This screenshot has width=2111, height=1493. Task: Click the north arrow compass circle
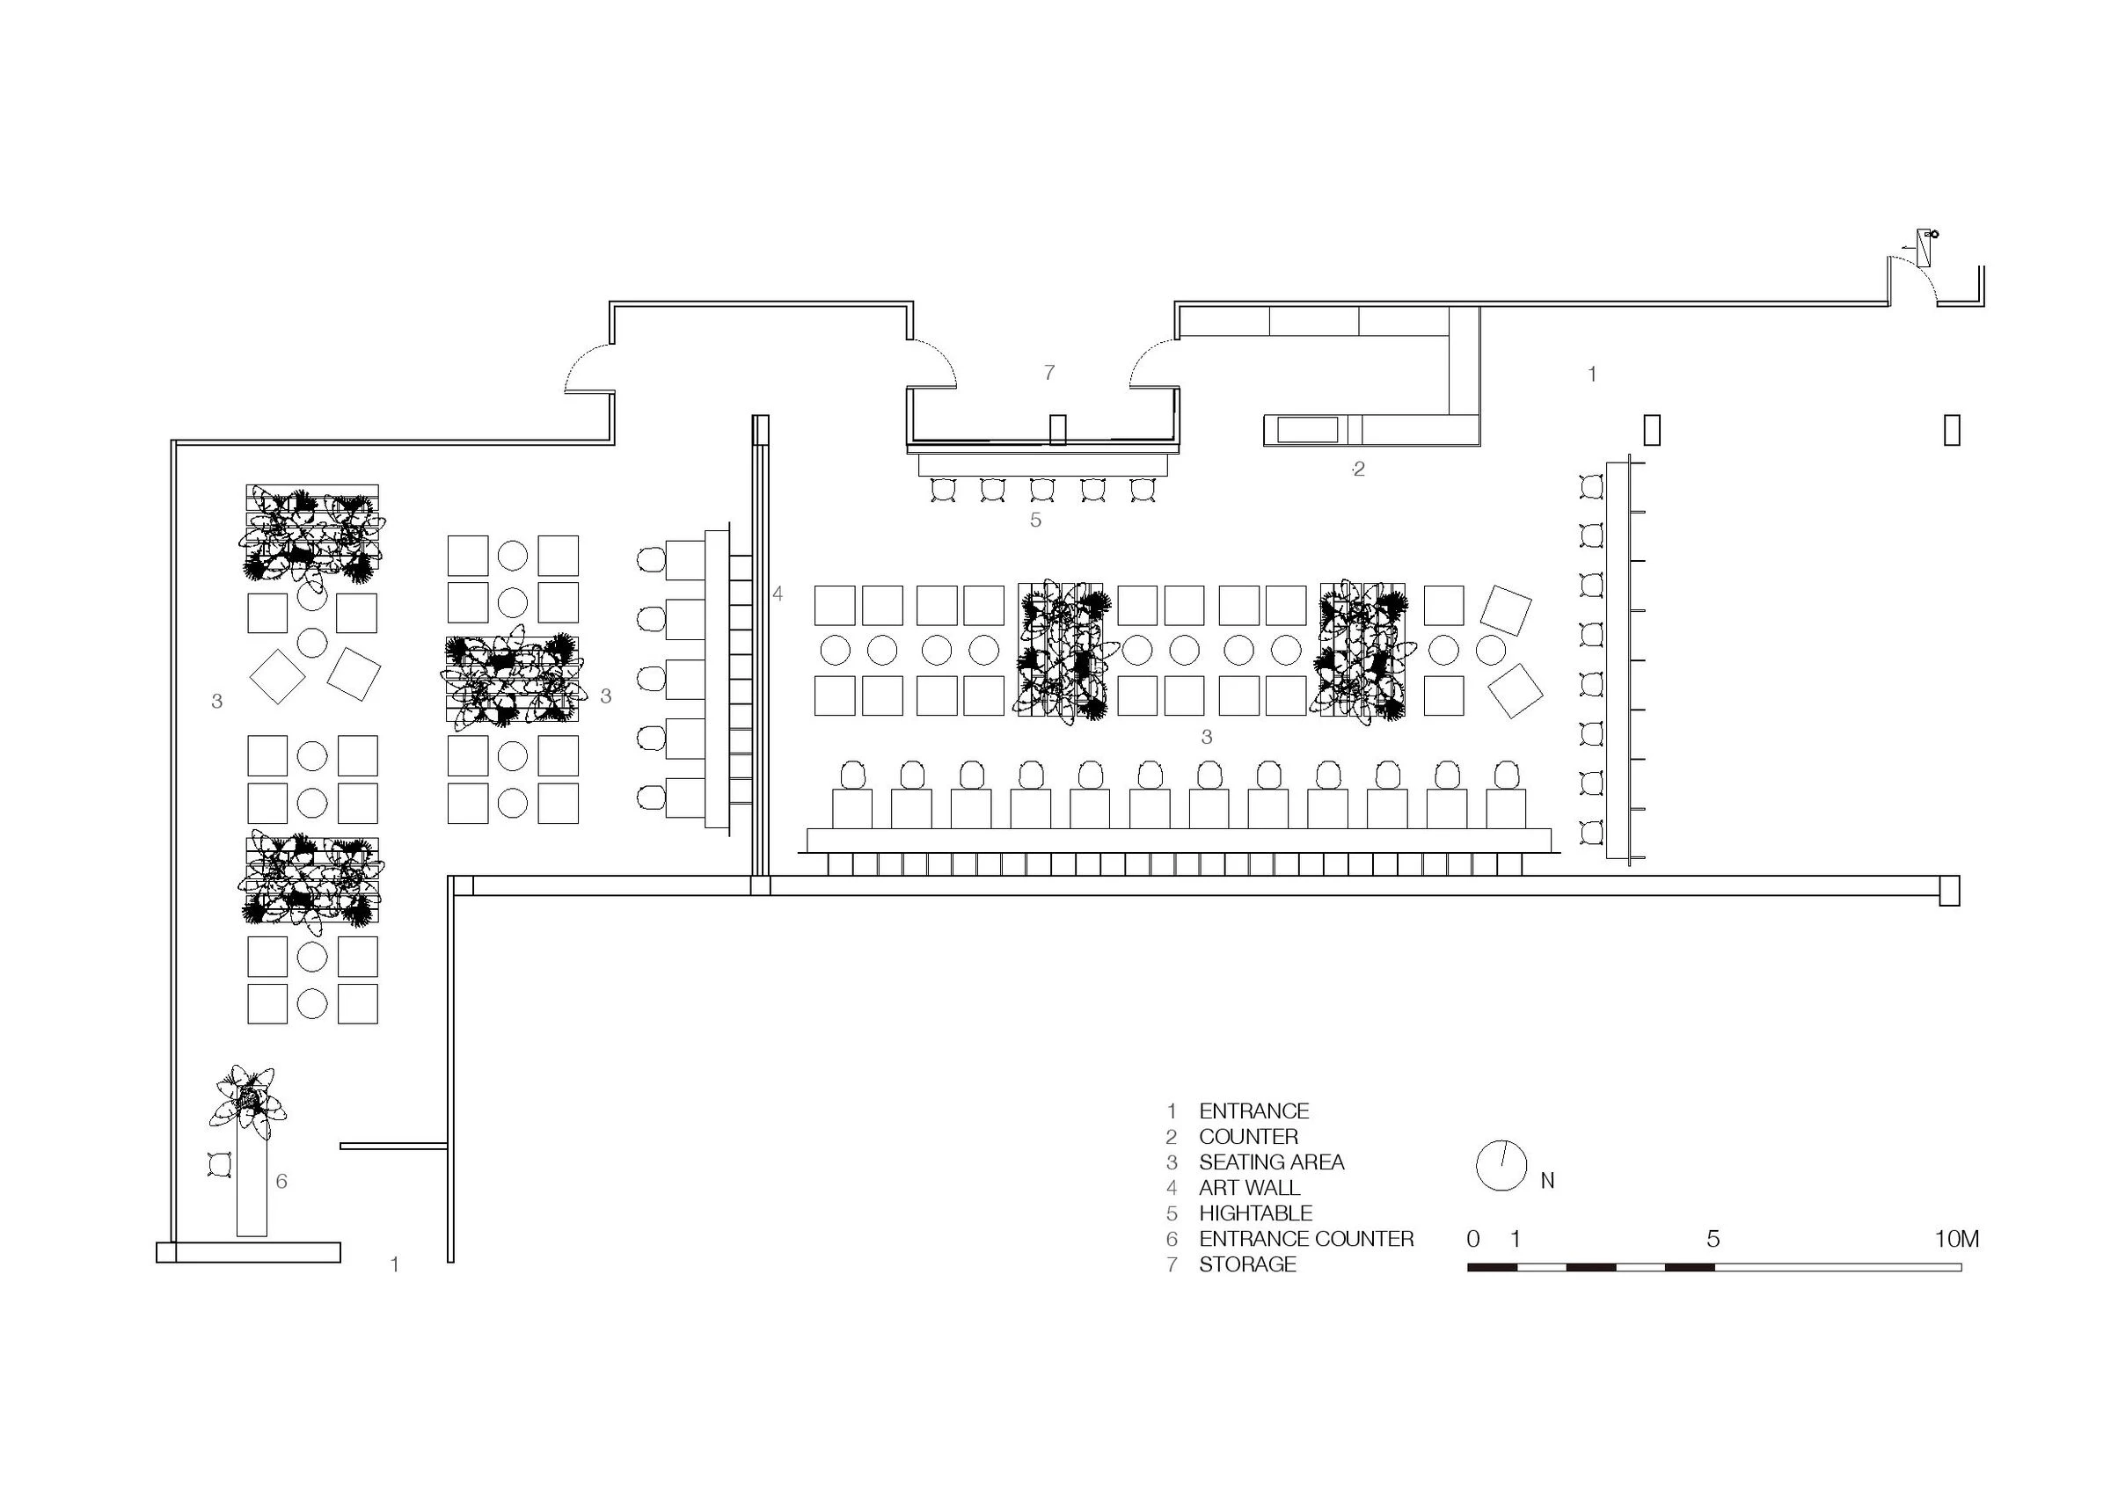click(x=1501, y=1166)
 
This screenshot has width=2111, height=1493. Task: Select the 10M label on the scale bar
click(x=1955, y=1238)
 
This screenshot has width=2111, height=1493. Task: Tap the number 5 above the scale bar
click(x=1713, y=1238)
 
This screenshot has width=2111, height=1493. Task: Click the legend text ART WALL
click(x=1249, y=1187)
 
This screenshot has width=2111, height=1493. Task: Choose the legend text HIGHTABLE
click(x=1255, y=1213)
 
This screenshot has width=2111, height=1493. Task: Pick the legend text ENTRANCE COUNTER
click(x=1305, y=1238)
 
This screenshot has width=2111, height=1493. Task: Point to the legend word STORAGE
click(x=1246, y=1264)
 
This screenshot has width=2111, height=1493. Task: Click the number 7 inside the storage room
click(x=1049, y=372)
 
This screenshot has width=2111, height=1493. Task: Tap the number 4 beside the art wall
click(x=778, y=594)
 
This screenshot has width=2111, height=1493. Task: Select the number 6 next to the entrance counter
click(x=281, y=1181)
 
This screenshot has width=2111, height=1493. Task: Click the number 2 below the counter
click(x=1359, y=469)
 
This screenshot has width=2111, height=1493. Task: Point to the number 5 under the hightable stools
click(x=1035, y=521)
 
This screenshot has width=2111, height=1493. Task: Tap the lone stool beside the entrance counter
click(x=221, y=1164)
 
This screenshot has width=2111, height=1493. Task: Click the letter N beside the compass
click(x=1547, y=1181)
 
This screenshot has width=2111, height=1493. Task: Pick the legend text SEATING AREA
click(x=1271, y=1162)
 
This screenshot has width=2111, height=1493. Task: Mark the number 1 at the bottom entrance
click(x=394, y=1264)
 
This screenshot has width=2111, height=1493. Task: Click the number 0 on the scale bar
click(x=1473, y=1238)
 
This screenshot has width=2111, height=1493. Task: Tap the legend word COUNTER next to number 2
click(x=1247, y=1136)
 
